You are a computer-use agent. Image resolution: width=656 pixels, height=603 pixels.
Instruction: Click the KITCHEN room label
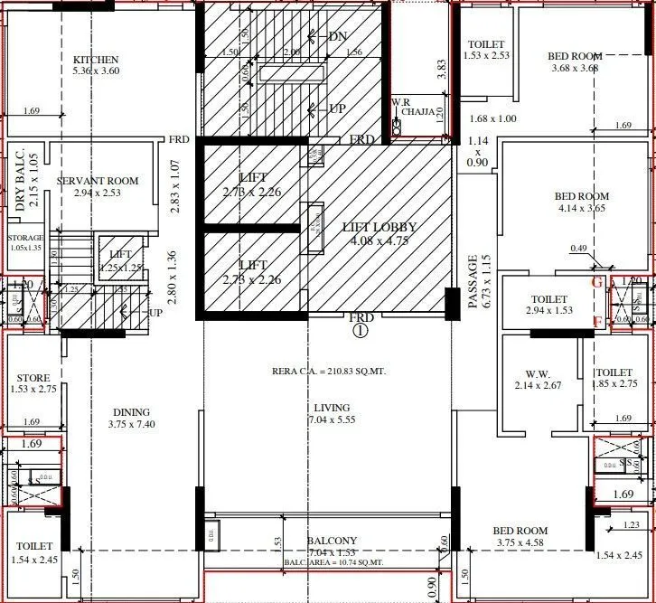[96, 60]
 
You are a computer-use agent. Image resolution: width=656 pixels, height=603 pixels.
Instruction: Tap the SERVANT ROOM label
[98, 181]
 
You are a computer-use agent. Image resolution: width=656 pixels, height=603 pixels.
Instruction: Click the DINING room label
[131, 412]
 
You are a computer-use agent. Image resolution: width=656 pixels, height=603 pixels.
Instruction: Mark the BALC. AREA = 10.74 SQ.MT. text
[333, 588]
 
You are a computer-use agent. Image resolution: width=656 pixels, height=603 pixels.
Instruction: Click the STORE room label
[33, 378]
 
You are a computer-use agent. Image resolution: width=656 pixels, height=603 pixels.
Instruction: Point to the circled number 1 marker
[361, 331]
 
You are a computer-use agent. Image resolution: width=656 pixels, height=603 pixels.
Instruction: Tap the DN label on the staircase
[338, 37]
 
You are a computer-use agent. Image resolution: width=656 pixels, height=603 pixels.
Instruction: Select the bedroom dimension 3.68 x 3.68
[575, 68]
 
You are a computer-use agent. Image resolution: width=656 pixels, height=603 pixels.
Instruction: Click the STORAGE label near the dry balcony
[26, 238]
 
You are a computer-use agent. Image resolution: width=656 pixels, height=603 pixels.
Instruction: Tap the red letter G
[595, 282]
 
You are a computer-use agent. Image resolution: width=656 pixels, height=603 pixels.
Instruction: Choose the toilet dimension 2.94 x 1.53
[548, 311]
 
